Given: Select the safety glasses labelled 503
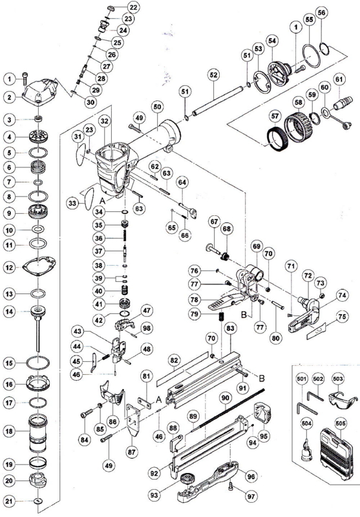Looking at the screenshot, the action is point(343,399).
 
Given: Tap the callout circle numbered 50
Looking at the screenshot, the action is point(158,107).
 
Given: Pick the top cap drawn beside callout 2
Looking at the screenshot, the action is point(39,90).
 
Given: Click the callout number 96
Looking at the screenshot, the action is point(251,476).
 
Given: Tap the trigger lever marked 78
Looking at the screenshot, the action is point(227,301).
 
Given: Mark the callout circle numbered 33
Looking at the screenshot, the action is point(72,203).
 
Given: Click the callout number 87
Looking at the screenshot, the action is point(132,451).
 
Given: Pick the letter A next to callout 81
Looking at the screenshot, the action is point(158,400).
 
